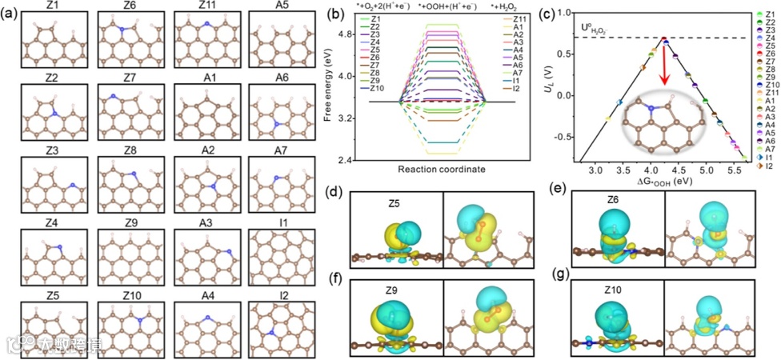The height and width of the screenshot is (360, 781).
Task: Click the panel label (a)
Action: tap(10, 12)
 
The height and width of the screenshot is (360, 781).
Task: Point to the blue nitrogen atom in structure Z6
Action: tap(122, 30)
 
